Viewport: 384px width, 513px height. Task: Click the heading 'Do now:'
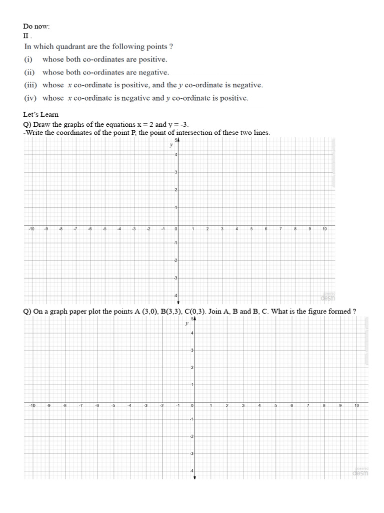tap(36, 26)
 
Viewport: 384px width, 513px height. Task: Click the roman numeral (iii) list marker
tap(31, 85)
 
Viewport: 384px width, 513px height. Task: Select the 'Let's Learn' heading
tap(41, 114)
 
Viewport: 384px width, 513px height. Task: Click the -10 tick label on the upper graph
tap(31, 229)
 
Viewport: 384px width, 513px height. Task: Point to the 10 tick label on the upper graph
tap(324, 229)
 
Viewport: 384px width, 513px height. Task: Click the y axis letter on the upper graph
tap(171, 145)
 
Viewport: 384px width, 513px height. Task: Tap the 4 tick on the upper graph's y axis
tap(175, 155)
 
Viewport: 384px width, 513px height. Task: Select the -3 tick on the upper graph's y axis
tap(174, 278)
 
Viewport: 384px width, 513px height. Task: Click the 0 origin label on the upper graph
tap(175, 229)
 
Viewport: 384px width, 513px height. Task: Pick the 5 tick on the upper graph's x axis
tap(251, 229)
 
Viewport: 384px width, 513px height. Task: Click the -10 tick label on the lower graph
tap(32, 405)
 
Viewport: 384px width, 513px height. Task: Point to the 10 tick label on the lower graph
tap(356, 405)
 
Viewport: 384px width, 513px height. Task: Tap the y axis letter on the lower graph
tap(186, 324)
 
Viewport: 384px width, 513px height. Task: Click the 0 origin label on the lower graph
tap(192, 405)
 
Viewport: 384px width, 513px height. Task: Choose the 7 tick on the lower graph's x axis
tap(307, 405)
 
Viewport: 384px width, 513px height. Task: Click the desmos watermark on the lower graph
tap(360, 472)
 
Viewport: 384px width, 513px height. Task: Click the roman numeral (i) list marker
tap(28, 59)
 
